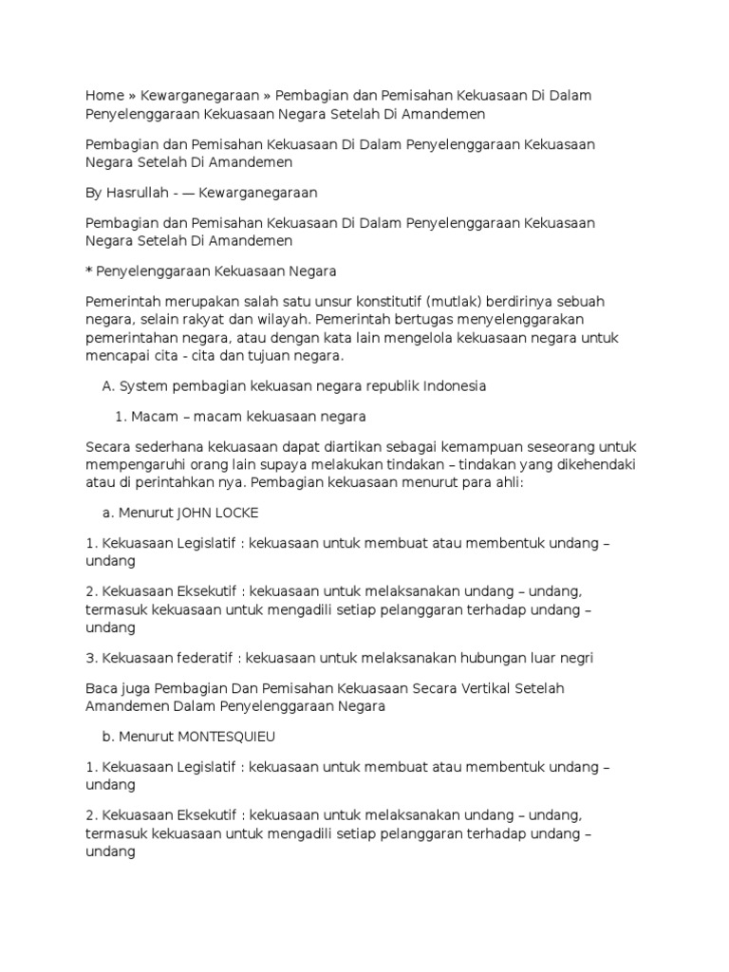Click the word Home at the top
click(x=104, y=96)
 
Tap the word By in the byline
click(x=93, y=193)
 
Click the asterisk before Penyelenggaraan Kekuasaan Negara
click(x=88, y=271)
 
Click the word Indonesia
click(x=452, y=387)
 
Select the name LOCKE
click(x=237, y=513)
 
